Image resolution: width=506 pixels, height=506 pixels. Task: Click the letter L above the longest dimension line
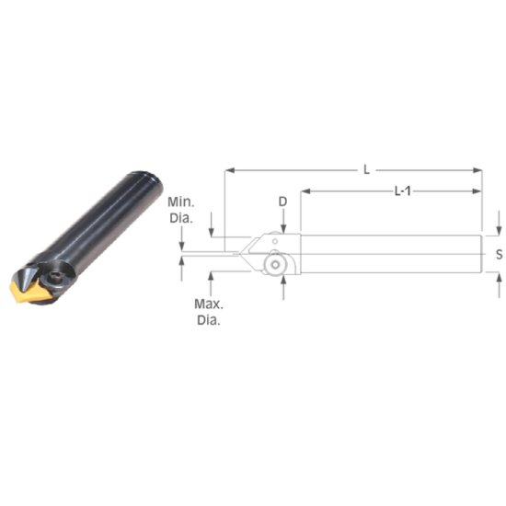coord(366,168)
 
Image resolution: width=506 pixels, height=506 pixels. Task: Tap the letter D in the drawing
coord(283,200)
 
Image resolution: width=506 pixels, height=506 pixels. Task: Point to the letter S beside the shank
coord(499,255)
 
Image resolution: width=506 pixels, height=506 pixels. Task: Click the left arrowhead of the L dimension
coord(227,170)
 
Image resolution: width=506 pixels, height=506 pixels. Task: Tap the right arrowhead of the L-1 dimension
coord(477,191)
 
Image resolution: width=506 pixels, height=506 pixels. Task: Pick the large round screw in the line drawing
coord(273,264)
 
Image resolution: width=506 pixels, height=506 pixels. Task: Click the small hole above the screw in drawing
coord(272,241)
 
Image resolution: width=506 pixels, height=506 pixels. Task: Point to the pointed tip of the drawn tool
coord(235,250)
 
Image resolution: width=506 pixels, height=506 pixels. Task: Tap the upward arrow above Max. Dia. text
coord(212,277)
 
